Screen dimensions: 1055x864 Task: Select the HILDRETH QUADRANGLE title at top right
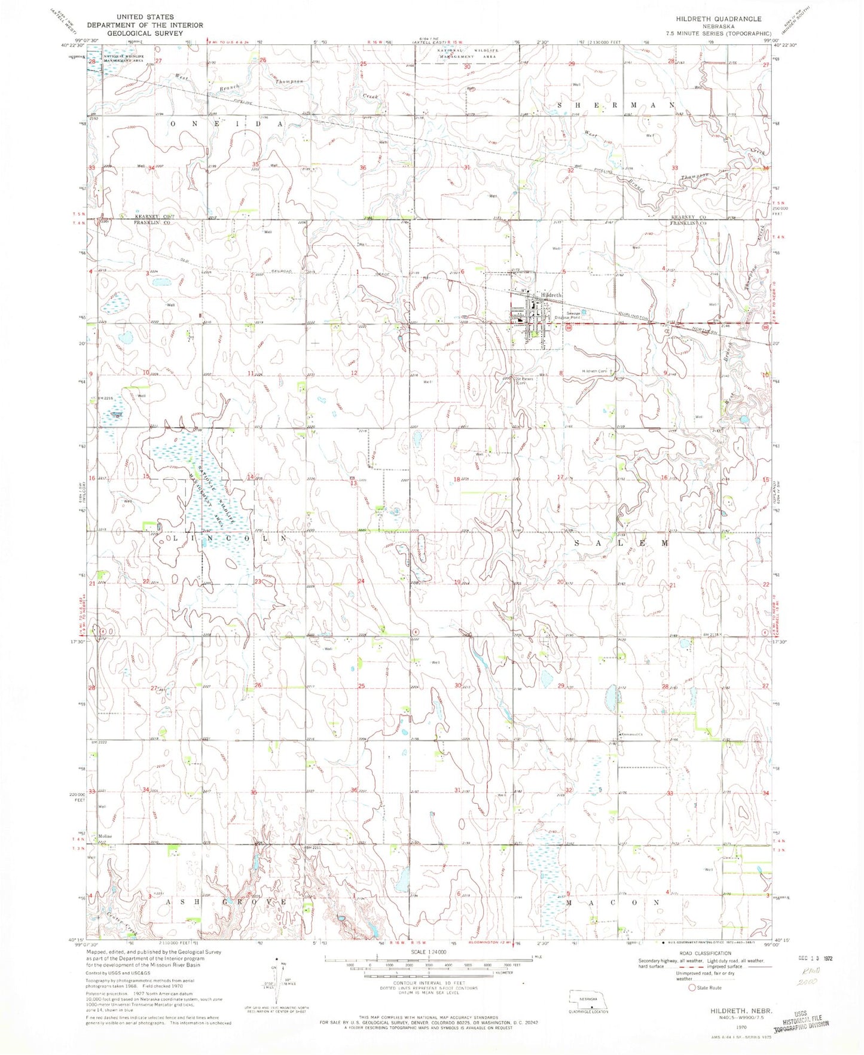(714, 19)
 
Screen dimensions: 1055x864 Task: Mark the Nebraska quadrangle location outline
(591, 999)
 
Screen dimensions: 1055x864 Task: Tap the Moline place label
(105, 836)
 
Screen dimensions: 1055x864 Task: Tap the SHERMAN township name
(616, 105)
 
